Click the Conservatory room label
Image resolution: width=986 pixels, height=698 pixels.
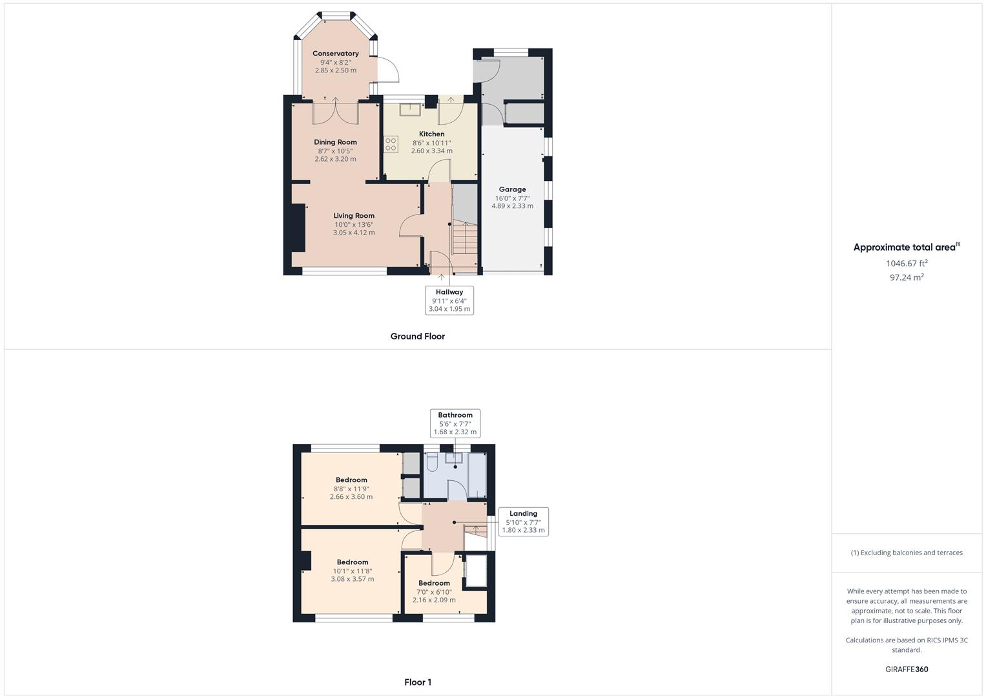tap(335, 54)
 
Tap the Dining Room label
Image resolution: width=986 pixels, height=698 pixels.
tap(335, 142)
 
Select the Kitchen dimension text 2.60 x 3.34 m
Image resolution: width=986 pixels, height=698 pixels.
tap(431, 151)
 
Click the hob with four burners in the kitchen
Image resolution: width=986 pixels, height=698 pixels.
tap(391, 144)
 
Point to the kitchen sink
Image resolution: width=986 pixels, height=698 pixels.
tap(409, 109)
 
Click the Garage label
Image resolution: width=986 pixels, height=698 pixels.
tap(512, 189)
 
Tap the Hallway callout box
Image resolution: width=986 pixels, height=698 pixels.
tap(449, 301)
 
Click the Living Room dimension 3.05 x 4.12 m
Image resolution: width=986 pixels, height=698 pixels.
tap(354, 233)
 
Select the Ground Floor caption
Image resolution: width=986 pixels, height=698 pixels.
tap(417, 336)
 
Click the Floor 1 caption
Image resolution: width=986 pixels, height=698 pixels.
tap(417, 682)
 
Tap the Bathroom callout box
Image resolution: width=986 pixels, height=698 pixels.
tap(455, 423)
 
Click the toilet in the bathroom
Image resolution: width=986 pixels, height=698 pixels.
tap(433, 462)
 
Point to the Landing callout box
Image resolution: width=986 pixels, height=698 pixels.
tap(523, 522)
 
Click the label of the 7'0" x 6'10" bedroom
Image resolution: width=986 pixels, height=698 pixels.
tap(434, 583)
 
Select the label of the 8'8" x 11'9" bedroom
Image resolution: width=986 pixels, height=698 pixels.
tap(351, 480)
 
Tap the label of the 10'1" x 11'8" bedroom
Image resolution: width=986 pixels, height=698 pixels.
tap(353, 562)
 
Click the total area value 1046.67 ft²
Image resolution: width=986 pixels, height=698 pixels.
tap(907, 264)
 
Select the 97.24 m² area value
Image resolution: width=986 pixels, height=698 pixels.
tap(907, 277)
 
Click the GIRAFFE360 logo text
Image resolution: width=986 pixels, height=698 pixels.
tap(907, 670)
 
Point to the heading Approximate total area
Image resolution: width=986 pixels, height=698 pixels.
tap(905, 247)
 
